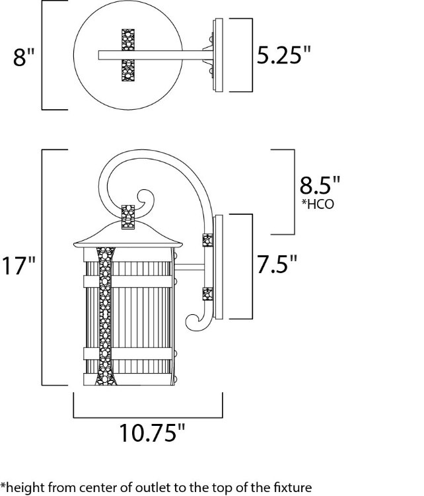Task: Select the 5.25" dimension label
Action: click(283, 56)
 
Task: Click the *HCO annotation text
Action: click(318, 204)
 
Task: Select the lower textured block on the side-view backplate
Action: click(207, 292)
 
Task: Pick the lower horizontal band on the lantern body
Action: click(128, 352)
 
